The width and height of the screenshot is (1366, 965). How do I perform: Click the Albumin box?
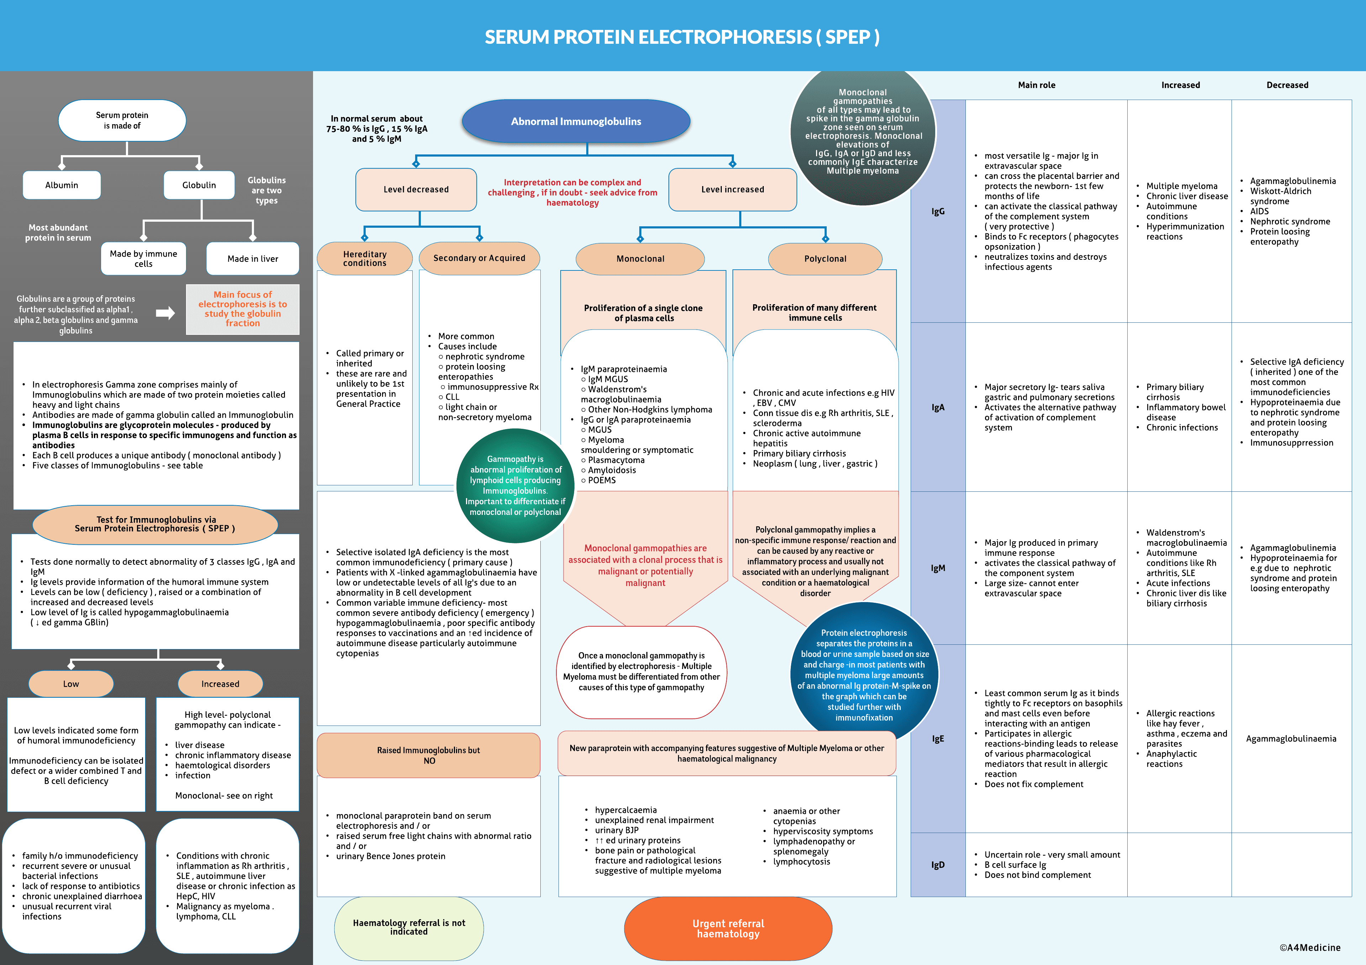tap(62, 185)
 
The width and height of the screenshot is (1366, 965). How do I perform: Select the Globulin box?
tap(199, 185)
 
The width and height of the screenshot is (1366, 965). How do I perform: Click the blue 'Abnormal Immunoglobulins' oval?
tap(576, 121)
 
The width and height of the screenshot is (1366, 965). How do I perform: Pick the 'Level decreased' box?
tap(416, 189)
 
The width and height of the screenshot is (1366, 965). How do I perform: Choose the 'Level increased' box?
tap(732, 189)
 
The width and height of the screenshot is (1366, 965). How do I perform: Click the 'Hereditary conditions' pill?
tap(365, 258)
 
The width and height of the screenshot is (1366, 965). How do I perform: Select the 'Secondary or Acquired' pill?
tap(480, 258)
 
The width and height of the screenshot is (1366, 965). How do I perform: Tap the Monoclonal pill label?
tap(640, 259)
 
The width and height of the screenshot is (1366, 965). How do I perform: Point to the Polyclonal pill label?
tap(825, 259)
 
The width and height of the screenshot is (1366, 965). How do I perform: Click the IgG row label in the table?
tap(938, 211)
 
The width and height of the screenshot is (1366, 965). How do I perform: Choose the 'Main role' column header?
tap(1036, 85)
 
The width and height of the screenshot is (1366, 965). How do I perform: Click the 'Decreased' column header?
tap(1287, 85)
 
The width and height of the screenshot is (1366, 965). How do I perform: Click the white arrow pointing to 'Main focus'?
tap(165, 313)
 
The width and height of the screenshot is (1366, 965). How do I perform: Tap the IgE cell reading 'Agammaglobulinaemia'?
tap(1291, 738)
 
